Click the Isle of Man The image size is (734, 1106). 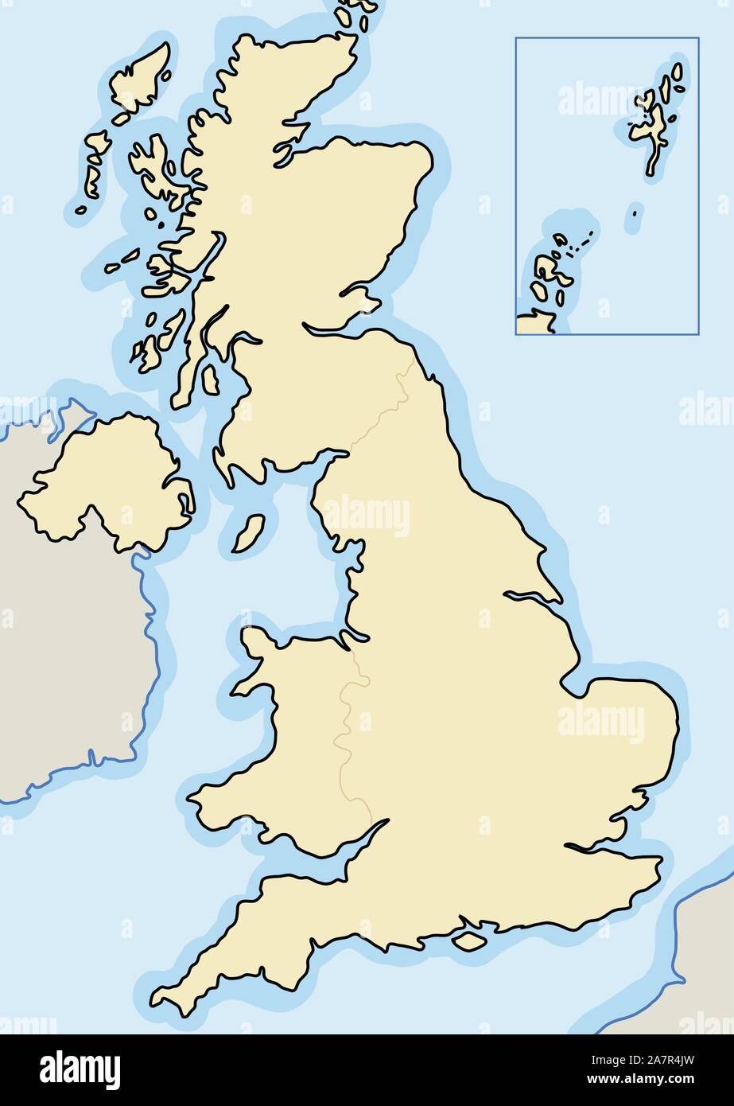click(x=248, y=534)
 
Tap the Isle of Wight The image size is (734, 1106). click(x=469, y=940)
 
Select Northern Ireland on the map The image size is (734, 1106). click(x=111, y=485)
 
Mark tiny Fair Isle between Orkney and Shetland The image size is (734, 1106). click(x=635, y=212)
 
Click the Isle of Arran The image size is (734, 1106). click(x=210, y=380)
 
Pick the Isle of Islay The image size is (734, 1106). click(x=148, y=354)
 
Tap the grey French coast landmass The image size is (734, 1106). click(x=704, y=955)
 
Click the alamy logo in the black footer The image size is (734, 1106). click(x=80, y=1069)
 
